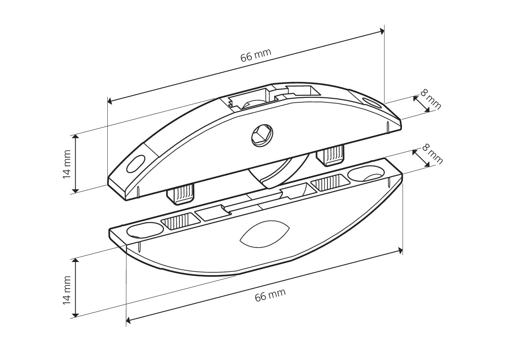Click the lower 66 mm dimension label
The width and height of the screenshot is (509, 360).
click(x=270, y=295)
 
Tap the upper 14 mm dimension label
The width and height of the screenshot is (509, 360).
click(x=67, y=164)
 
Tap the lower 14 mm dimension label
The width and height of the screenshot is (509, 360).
click(x=67, y=290)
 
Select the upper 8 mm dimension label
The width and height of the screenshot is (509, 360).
click(x=430, y=99)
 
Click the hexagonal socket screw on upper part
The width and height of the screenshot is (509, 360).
click(x=263, y=136)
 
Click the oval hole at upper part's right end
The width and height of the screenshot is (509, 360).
click(x=371, y=103)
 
